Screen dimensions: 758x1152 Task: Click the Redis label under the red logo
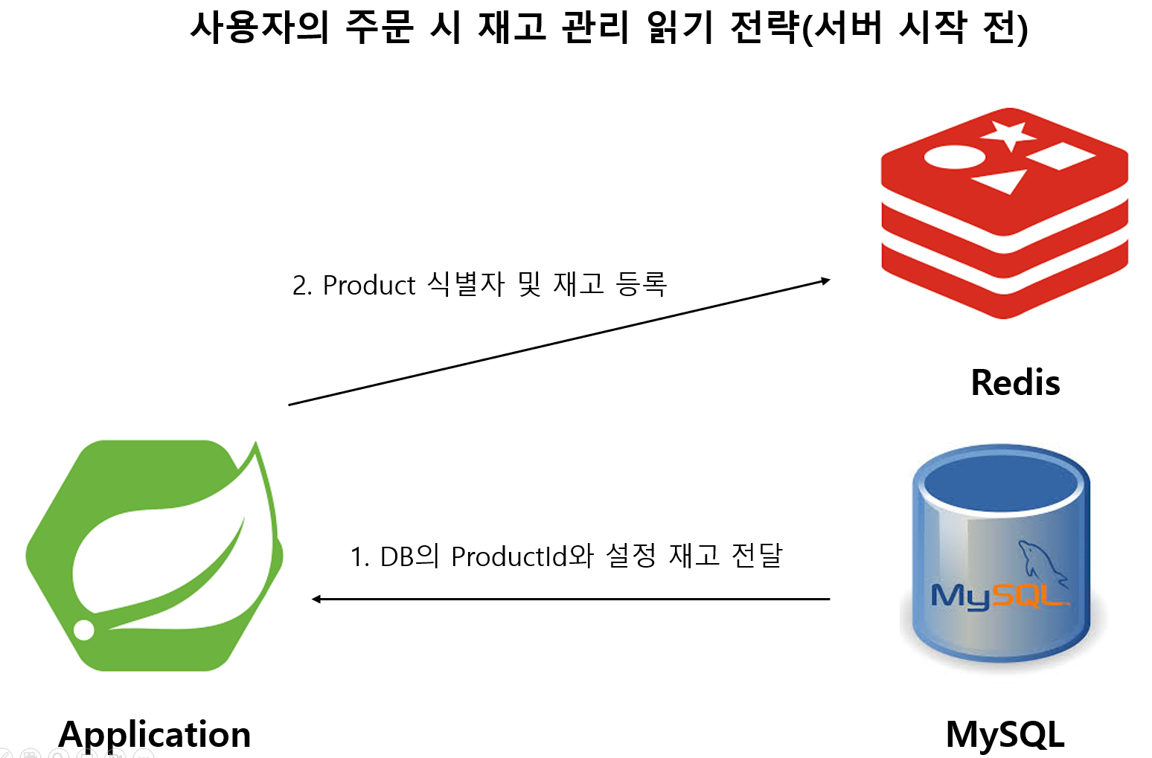coord(1015,383)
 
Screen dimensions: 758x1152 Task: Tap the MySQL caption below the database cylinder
coord(1005,735)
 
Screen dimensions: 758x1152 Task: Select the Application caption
coord(155,735)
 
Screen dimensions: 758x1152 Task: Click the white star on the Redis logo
coord(1008,135)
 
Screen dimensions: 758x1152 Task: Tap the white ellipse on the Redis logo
coord(954,157)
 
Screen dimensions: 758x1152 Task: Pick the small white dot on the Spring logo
coord(84,629)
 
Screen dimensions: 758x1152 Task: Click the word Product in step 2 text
coord(369,286)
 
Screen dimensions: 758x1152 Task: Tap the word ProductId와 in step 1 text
coord(522,556)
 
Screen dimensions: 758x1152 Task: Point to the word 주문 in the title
coord(379,28)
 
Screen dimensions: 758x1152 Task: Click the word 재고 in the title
coord(512,28)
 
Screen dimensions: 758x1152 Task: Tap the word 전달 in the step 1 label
coord(757,556)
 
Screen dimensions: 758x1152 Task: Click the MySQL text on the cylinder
coord(997,596)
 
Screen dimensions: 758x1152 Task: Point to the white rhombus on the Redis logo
coord(1060,155)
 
